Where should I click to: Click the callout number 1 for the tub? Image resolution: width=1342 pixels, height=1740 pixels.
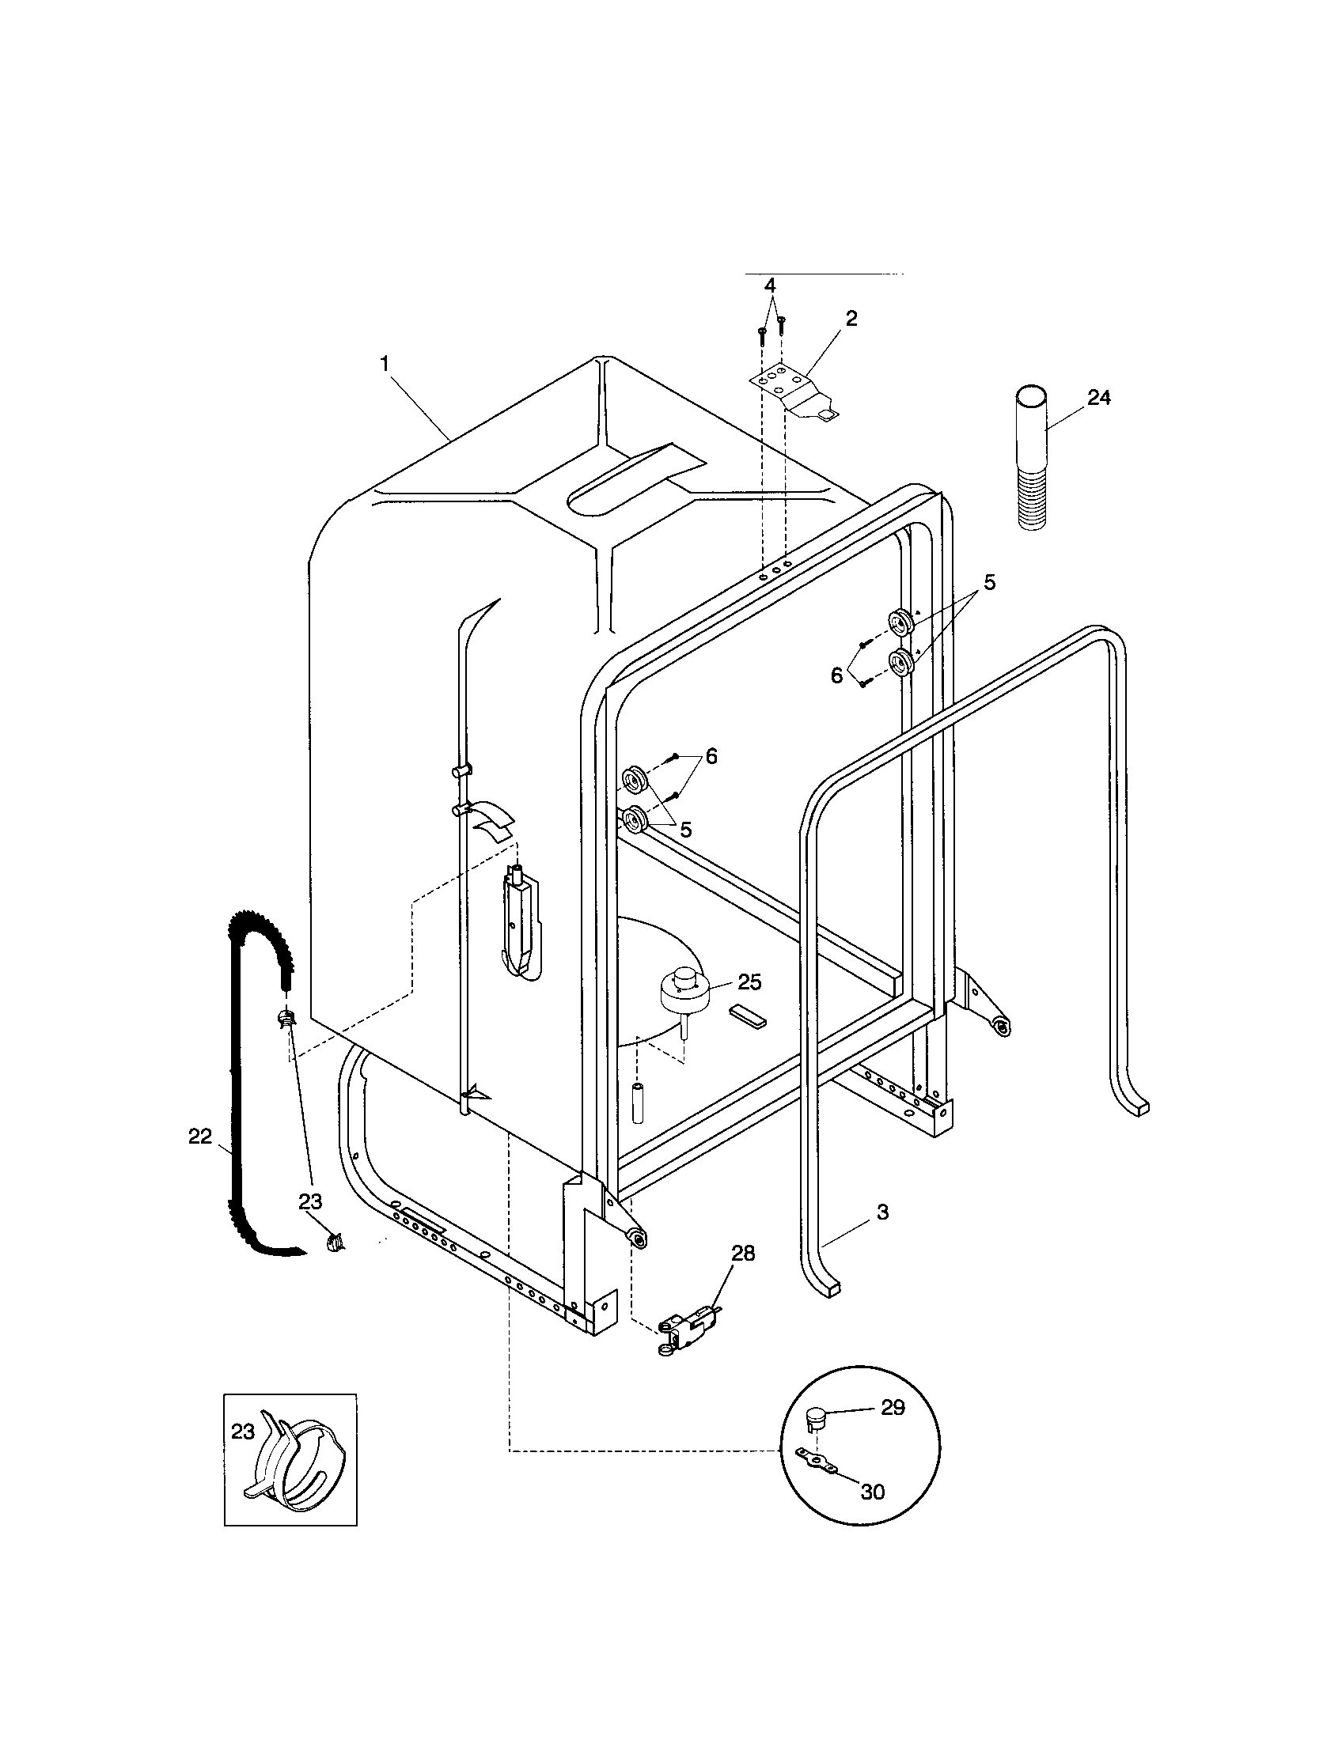tap(385, 364)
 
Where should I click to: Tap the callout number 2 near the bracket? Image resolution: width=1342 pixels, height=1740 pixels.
tap(851, 319)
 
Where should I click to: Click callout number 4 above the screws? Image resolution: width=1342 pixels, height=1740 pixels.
tap(769, 285)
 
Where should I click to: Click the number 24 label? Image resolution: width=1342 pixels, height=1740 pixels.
tap(1098, 398)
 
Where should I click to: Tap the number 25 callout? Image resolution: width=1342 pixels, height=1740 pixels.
tap(749, 982)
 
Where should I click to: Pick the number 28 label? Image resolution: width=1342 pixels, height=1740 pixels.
tap(743, 1254)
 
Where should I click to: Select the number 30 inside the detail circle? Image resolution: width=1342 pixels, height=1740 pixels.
tap(873, 1492)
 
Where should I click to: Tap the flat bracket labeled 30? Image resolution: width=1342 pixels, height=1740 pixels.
tap(817, 1460)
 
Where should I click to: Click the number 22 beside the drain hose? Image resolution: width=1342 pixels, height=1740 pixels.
tap(200, 1136)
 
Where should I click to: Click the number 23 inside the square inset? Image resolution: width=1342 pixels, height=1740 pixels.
tap(243, 1432)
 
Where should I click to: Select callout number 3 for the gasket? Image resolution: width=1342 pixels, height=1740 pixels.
tap(882, 1212)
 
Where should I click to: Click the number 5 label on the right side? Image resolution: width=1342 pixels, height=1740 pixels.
tap(989, 581)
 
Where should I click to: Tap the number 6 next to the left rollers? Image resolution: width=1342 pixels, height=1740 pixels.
tap(711, 756)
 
